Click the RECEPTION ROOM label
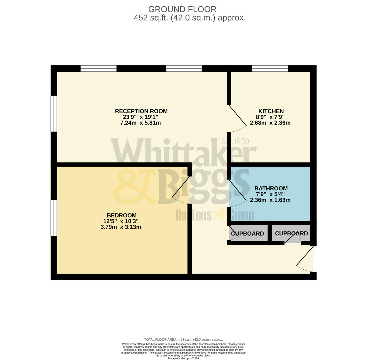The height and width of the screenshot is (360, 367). [x=141, y=111]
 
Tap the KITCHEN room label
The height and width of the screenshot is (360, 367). [x=271, y=111]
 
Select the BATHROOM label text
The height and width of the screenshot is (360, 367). [x=271, y=188]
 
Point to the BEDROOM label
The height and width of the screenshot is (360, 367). [x=121, y=215]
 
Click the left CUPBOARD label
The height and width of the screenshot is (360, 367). [x=247, y=234]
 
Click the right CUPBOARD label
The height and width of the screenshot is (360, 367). [x=291, y=233]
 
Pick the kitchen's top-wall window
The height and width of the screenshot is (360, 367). [x=270, y=68]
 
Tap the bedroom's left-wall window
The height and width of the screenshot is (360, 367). [x=54, y=218]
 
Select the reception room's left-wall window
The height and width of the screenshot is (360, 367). [x=54, y=114]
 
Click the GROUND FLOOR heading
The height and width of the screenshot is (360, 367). [x=182, y=9]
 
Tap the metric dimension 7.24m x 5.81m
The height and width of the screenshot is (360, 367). [x=140, y=123]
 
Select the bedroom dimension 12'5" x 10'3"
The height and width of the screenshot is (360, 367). [x=121, y=221]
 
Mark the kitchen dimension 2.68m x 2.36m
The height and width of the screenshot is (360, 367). [x=270, y=123]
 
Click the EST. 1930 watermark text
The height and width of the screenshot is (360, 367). [x=236, y=141]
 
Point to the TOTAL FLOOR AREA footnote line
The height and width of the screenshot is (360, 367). [x=183, y=339]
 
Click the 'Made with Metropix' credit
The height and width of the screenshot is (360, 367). [x=183, y=358]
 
